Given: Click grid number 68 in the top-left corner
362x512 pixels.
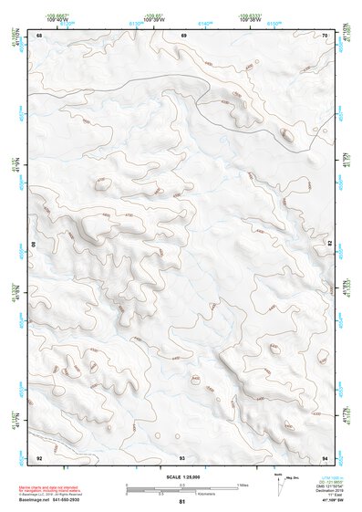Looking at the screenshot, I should (x=39, y=35).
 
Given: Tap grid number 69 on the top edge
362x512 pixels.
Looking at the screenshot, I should (x=183, y=35).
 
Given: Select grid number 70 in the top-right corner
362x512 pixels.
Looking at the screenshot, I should (x=326, y=35).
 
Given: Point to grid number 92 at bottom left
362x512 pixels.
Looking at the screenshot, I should (x=39, y=456).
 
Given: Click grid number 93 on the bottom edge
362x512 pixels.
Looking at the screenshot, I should (x=182, y=456).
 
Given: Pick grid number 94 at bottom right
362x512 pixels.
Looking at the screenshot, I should (x=326, y=456).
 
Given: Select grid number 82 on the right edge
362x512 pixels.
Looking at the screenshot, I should (x=330, y=246).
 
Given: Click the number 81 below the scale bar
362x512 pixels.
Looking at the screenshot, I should (x=182, y=502).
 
